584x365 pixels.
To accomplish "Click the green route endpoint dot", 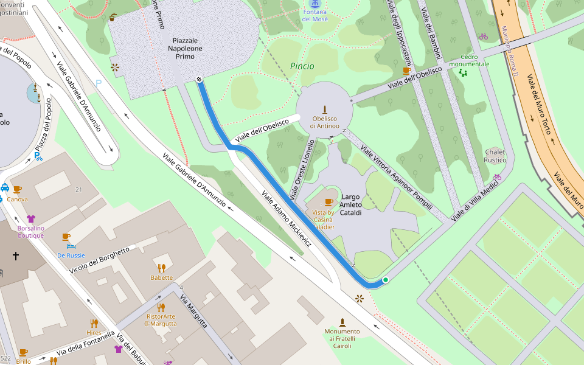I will coord(385,280).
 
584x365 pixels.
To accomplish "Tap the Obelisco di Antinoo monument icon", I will coord(324,109).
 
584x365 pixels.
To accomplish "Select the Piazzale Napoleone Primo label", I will coord(186,48).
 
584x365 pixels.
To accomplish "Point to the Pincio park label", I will coord(302,66).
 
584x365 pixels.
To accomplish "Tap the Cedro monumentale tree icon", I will coord(463,73).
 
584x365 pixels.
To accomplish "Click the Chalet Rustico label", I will coord(495,156).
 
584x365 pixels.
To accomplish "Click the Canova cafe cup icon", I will coord(17,189).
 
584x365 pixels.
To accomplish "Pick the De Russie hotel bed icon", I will coord(71,246).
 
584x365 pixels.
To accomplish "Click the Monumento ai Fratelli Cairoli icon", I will coord(342,322).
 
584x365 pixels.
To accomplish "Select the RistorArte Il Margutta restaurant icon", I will coord(161,307).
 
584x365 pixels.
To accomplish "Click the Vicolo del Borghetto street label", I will coord(100,260).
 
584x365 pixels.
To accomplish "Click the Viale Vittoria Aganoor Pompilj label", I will coord(396,176).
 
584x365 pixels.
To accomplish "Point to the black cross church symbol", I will coord(16,256).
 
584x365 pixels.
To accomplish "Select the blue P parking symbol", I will coord(98,83).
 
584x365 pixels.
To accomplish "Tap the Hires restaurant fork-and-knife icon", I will coord(94,323).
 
